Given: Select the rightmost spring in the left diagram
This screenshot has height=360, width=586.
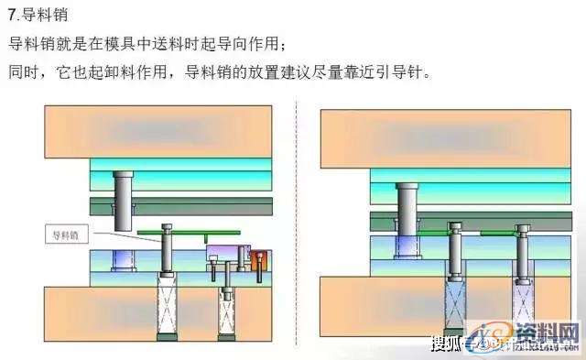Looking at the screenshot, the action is coord(224,317).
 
